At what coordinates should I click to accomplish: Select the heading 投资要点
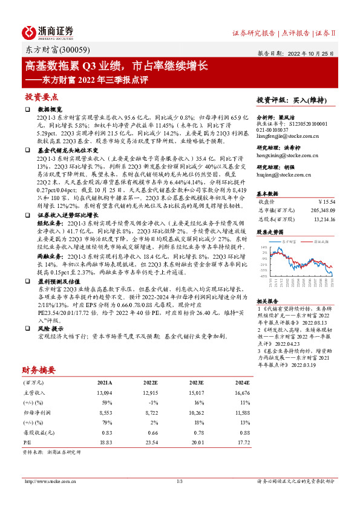[x=41, y=97]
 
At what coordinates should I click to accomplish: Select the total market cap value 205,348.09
[x=320, y=209]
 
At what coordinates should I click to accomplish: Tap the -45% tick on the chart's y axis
[x=263, y=275]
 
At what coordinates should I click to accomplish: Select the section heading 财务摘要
[x=39, y=369]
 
